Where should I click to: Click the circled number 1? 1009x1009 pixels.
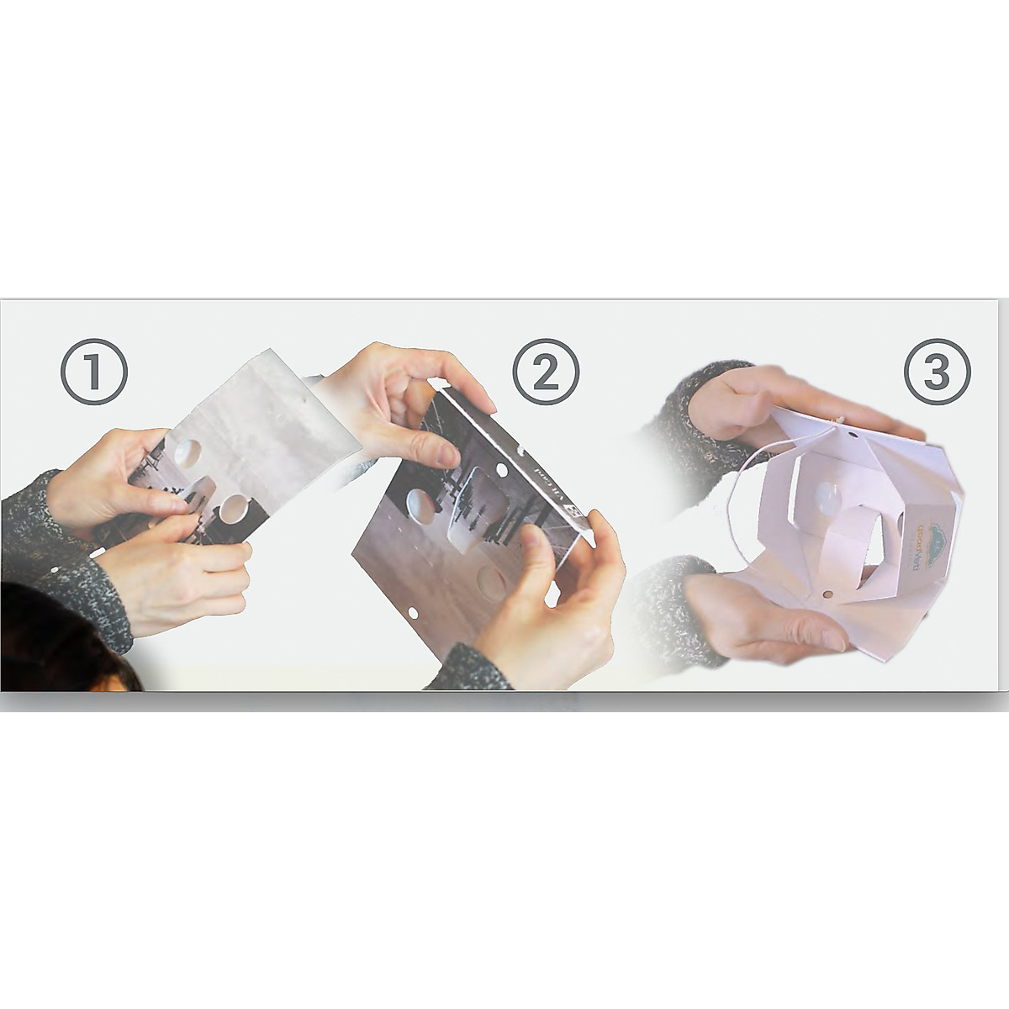tap(94, 372)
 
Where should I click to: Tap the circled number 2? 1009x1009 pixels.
tap(546, 372)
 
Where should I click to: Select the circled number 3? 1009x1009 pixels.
tap(936, 372)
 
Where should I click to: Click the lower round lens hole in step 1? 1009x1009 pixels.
tap(232, 510)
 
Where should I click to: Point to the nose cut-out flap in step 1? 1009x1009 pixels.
tap(200, 488)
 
